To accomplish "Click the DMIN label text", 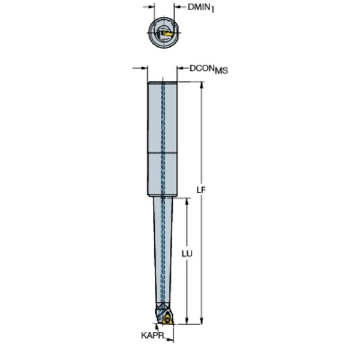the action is (199, 7).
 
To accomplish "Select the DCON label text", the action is (202, 68).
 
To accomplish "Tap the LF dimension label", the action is (201, 190).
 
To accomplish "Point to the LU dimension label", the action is (187, 254).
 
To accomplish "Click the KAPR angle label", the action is (152, 335).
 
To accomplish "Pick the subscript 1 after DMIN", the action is (212, 10).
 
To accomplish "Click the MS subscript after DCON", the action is (221, 70).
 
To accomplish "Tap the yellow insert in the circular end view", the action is (167, 34).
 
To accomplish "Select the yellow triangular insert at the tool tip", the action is (167, 320).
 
